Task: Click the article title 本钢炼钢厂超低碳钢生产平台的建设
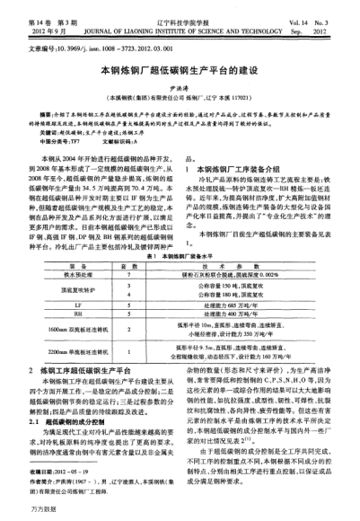click(x=179, y=66)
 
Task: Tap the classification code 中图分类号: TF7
click(x=59, y=142)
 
